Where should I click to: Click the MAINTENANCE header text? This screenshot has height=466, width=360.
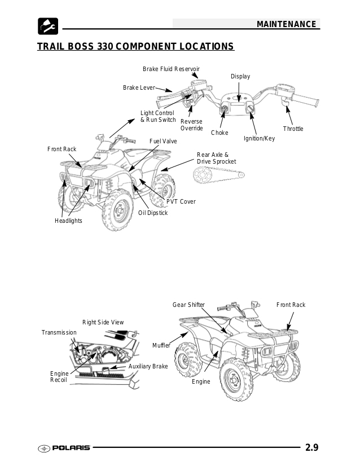pyautogui.click(x=286, y=24)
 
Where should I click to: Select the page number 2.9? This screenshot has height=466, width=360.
pyautogui.click(x=312, y=448)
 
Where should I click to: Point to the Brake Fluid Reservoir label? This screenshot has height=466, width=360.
pyautogui.click(x=171, y=69)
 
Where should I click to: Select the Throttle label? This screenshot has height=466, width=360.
pyautogui.click(x=293, y=129)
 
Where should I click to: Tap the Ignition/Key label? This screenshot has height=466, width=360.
pyautogui.click(x=259, y=138)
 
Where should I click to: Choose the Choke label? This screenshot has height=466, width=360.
pyautogui.click(x=219, y=133)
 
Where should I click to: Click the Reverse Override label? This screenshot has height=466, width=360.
pyautogui.click(x=191, y=125)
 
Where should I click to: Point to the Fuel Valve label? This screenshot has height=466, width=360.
pyautogui.click(x=163, y=140)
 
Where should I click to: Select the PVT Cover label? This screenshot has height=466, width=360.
pyautogui.click(x=181, y=201)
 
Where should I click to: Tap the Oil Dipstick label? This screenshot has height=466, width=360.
pyautogui.click(x=153, y=213)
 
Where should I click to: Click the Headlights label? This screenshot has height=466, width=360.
pyautogui.click(x=68, y=221)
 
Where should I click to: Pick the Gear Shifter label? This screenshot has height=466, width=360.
pyautogui.click(x=188, y=305)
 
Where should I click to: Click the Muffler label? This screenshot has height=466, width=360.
pyautogui.click(x=161, y=345)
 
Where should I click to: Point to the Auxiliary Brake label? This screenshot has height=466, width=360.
pyautogui.click(x=148, y=366)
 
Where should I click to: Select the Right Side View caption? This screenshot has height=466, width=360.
pyautogui.click(x=103, y=322)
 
